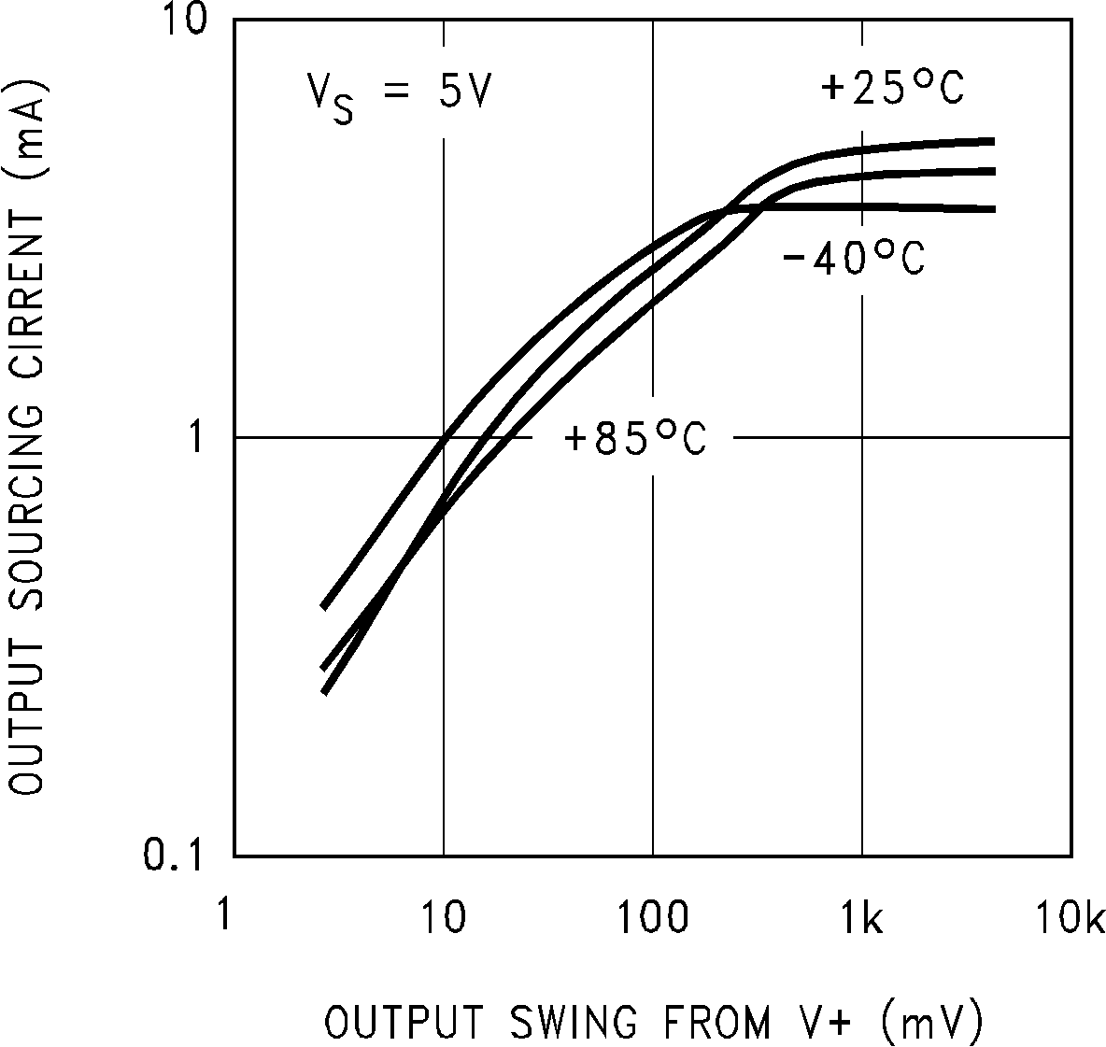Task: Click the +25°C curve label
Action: pos(891,88)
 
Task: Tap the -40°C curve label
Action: pos(852,259)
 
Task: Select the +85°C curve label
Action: pos(635,438)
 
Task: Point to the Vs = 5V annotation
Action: pos(399,94)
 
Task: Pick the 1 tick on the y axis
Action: pos(198,436)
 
